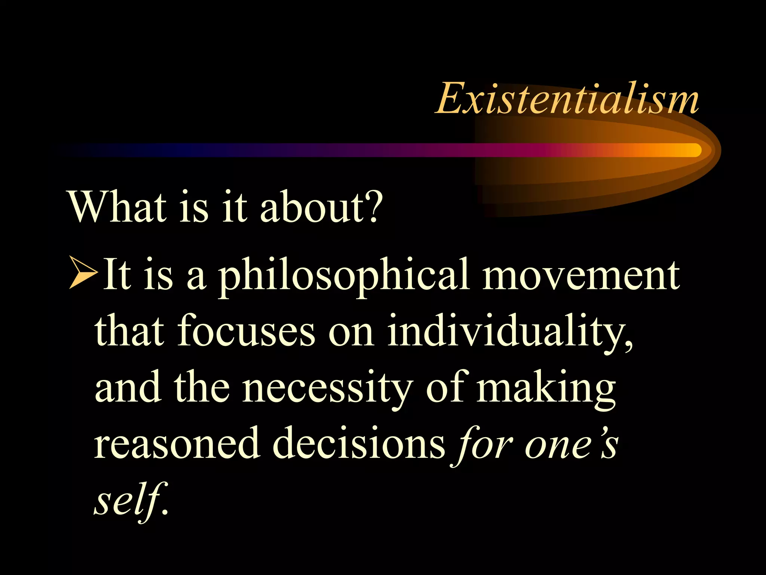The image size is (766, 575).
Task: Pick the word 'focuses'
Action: click(x=246, y=331)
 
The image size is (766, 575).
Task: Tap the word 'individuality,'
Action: click(x=510, y=331)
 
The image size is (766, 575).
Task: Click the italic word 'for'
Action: click(x=483, y=444)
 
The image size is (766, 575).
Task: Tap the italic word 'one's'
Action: click(x=571, y=444)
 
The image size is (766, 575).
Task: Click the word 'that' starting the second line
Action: click(x=129, y=331)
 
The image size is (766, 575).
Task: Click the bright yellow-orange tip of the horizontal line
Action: click(x=690, y=150)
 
